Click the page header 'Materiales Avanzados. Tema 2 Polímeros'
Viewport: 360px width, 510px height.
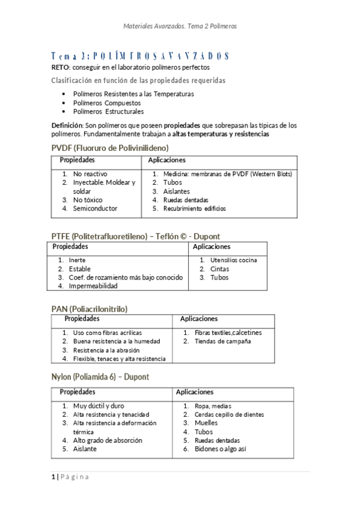(180, 26)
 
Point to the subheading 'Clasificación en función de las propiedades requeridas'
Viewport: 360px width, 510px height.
(138, 80)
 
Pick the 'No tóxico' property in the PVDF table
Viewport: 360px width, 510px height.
(88, 200)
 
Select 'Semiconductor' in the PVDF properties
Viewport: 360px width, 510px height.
(95, 209)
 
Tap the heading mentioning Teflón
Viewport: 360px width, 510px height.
(139, 237)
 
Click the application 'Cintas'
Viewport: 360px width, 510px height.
(219, 269)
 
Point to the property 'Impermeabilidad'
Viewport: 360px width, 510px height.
(93, 286)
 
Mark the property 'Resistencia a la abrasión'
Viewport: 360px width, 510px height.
(106, 350)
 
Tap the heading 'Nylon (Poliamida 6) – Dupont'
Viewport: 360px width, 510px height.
(100, 377)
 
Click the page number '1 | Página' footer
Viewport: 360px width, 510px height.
(70, 478)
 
